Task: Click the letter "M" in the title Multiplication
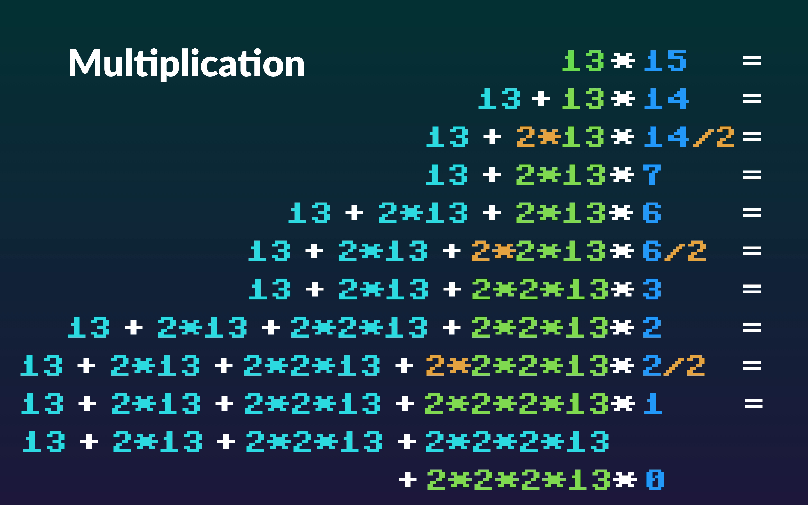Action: point(85,63)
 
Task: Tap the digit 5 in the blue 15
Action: point(676,60)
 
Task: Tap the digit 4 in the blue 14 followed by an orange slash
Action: point(678,137)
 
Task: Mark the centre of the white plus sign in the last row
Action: point(408,480)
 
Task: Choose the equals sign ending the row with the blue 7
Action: point(752,175)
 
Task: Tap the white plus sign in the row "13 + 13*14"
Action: point(541,99)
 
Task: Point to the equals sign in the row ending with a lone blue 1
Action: point(754,404)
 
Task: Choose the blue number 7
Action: point(652,175)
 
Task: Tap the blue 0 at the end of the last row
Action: point(655,480)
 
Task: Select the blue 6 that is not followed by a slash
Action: point(652,213)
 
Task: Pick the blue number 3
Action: point(652,289)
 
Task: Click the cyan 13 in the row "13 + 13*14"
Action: point(499,98)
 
